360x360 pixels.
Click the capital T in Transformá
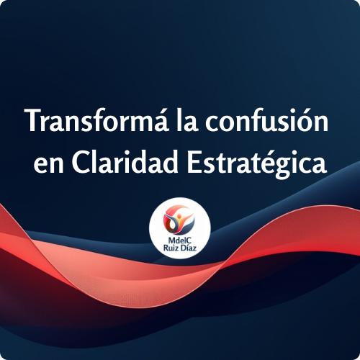click(x=32, y=121)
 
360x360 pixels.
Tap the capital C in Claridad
click(x=81, y=163)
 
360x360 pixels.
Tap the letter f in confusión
click(x=246, y=120)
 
